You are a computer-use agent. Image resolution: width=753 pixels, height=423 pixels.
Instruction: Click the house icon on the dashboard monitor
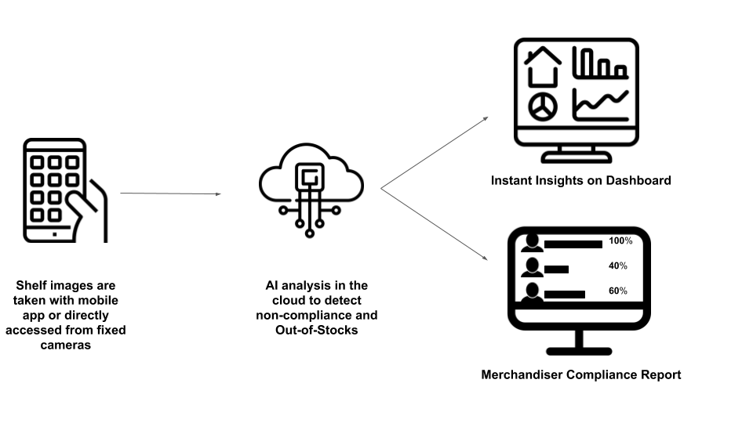(543, 66)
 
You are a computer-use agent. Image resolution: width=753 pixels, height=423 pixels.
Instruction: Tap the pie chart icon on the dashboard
(542, 107)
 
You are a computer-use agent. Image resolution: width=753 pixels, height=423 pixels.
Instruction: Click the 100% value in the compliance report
(620, 241)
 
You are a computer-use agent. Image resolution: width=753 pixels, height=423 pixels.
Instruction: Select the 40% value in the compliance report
(617, 266)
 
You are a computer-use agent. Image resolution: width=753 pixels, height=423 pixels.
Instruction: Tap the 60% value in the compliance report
(617, 291)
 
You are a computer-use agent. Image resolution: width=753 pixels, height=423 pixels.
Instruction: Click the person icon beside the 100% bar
(532, 243)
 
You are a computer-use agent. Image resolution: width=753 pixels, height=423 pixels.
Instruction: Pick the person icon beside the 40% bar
(532, 268)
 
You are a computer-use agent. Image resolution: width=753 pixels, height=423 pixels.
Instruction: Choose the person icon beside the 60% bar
(532, 292)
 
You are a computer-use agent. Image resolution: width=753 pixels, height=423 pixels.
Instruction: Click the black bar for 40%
(556, 269)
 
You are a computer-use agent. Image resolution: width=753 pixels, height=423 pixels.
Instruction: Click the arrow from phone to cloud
(170, 193)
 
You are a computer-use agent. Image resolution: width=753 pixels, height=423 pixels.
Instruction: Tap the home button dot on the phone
(54, 233)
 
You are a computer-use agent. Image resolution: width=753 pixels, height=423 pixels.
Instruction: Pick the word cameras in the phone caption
(66, 345)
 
